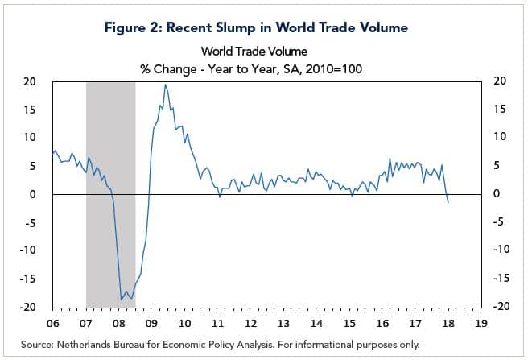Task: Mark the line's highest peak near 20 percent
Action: (x=165, y=85)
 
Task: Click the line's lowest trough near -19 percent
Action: (x=122, y=300)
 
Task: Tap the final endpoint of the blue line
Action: (x=448, y=202)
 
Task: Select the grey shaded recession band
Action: (x=110, y=193)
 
